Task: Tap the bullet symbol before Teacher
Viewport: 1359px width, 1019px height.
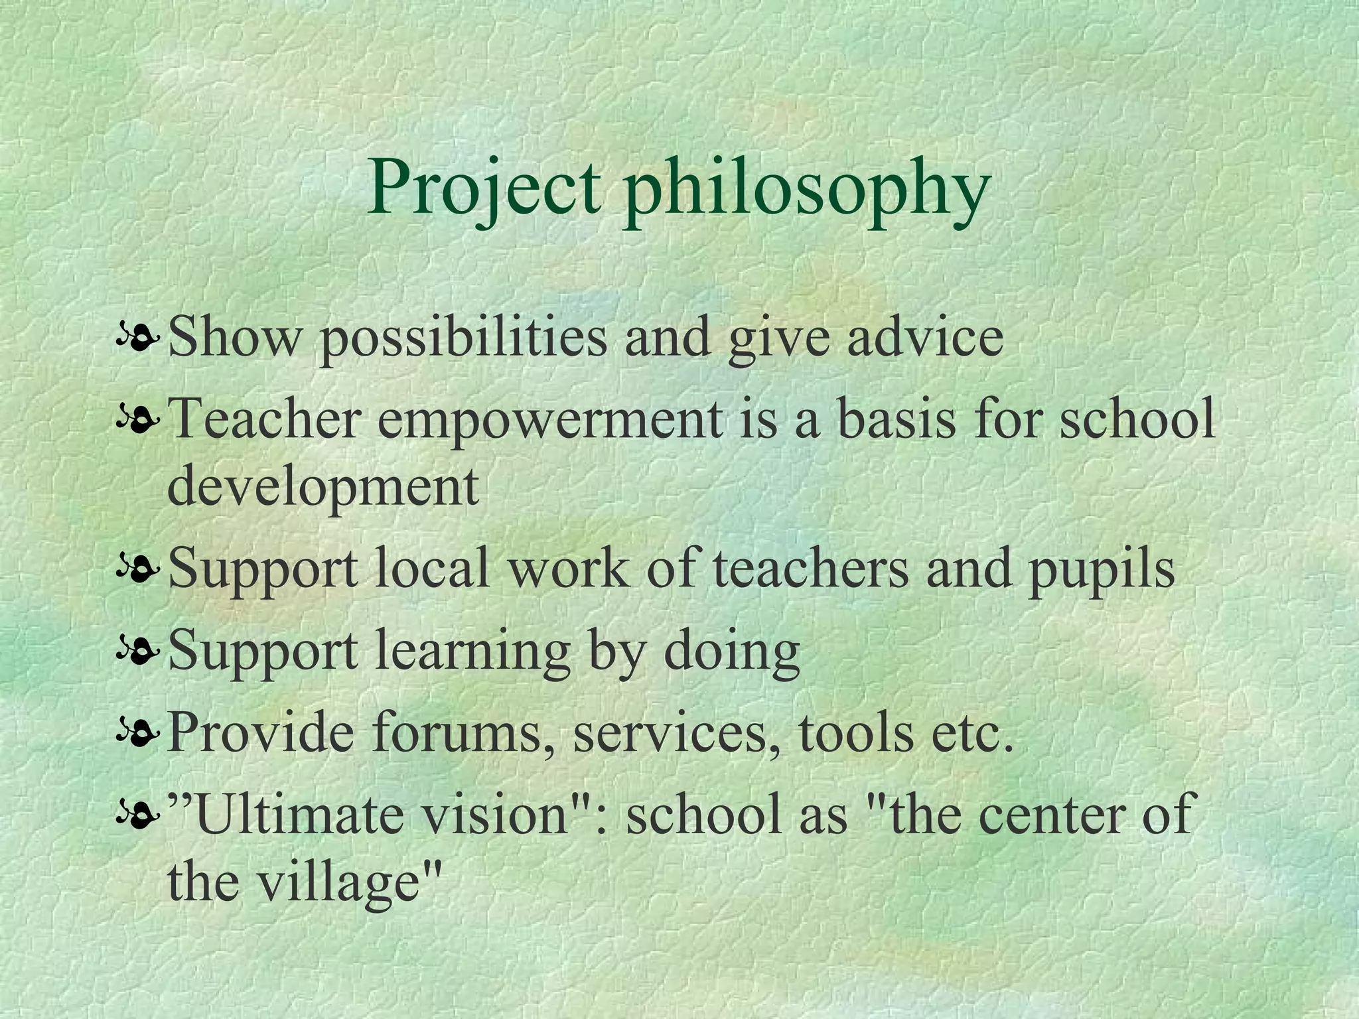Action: (x=137, y=421)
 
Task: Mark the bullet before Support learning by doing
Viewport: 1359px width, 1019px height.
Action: (x=137, y=651)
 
